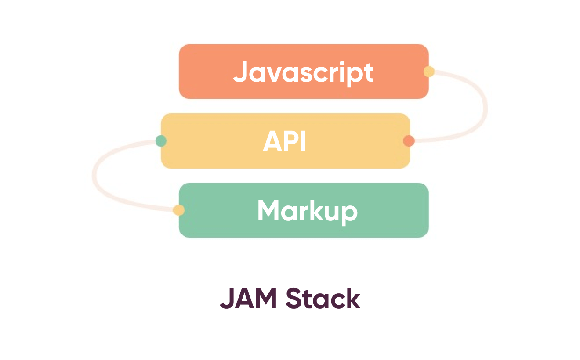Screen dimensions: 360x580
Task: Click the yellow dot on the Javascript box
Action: click(429, 72)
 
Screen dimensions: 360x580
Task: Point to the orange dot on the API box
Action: click(409, 141)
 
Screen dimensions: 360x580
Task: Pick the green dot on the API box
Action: click(161, 141)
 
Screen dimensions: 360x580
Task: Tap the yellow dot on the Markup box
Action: click(178, 210)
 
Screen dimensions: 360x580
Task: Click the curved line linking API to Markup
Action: click(94, 176)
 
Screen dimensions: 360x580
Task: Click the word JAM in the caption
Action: click(248, 299)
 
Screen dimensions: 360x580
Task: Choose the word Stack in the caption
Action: click(323, 299)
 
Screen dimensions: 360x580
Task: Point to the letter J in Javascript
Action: click(239, 72)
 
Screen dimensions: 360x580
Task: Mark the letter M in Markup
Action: click(268, 211)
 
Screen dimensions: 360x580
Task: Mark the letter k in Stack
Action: click(353, 299)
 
